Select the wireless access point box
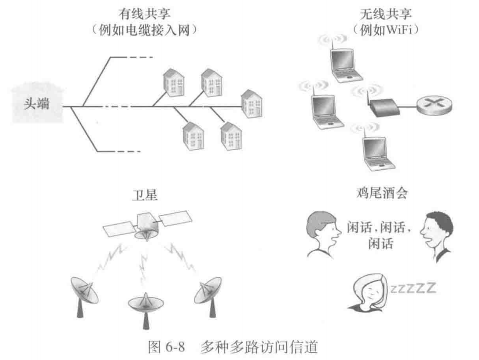pos(385,107)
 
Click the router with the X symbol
pos(436,107)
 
